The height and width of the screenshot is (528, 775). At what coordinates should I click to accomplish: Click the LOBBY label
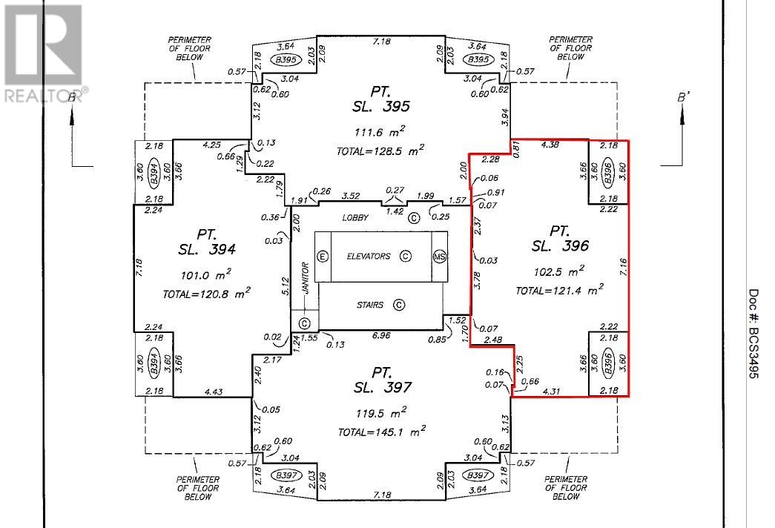click(355, 217)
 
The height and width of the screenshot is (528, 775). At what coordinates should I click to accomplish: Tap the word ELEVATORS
click(369, 256)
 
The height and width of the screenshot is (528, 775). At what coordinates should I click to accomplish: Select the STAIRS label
click(370, 305)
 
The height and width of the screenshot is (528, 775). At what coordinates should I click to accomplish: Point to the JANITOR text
click(306, 278)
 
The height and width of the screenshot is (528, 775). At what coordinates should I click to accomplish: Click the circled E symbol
click(323, 257)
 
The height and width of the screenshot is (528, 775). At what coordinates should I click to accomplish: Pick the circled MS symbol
click(439, 257)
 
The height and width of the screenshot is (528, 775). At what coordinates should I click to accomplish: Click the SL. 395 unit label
click(381, 106)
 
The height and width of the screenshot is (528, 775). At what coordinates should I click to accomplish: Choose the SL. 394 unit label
click(207, 249)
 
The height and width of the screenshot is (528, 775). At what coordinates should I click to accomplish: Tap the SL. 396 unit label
click(560, 245)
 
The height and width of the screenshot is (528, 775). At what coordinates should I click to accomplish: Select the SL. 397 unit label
click(382, 387)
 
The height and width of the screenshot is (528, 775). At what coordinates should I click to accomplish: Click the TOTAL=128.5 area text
click(380, 151)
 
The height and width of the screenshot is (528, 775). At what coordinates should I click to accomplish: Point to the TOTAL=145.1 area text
click(382, 432)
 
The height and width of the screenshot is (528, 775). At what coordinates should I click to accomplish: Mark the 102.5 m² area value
click(559, 271)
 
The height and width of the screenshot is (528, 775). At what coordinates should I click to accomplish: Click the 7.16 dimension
click(623, 268)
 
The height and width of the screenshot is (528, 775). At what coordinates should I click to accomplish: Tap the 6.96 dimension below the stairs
click(381, 336)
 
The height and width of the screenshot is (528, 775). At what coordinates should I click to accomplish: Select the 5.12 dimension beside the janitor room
click(285, 287)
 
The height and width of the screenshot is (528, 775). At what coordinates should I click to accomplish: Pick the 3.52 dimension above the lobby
click(351, 196)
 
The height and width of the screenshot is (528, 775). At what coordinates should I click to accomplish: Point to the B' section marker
click(682, 98)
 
